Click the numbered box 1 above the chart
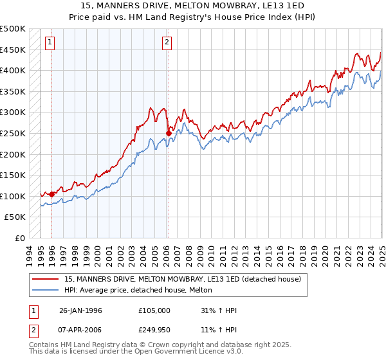tap(50, 43)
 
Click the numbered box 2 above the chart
tap(167, 43)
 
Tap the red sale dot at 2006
tap(169, 133)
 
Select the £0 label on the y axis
tap(20, 238)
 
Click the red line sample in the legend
tap(46, 279)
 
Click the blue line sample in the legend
tap(46, 290)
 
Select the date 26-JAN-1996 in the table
tap(80, 310)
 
